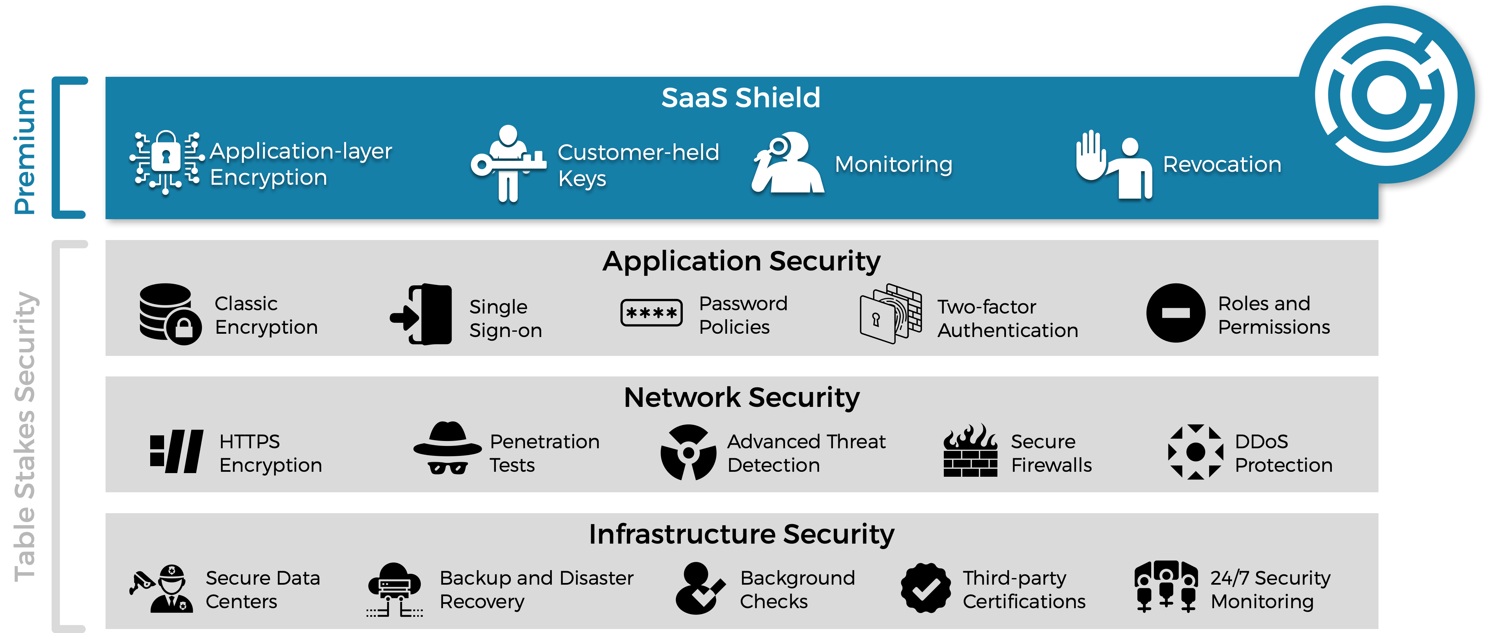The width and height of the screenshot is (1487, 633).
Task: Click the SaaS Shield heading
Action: (x=741, y=98)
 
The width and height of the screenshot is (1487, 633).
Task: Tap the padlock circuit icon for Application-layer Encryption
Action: (x=166, y=162)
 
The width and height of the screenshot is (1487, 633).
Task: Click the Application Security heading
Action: (x=741, y=261)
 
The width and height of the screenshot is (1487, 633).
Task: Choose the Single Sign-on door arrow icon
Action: (x=421, y=315)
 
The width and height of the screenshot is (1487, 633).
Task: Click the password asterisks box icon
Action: (x=651, y=313)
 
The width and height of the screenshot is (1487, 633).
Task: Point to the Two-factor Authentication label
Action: (x=1007, y=318)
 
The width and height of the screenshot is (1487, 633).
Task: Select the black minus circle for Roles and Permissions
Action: (x=1175, y=313)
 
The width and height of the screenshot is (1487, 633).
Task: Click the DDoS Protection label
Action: (x=1283, y=453)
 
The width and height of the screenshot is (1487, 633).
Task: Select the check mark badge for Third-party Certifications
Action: (x=925, y=588)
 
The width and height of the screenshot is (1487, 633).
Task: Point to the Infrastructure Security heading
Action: (x=741, y=534)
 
